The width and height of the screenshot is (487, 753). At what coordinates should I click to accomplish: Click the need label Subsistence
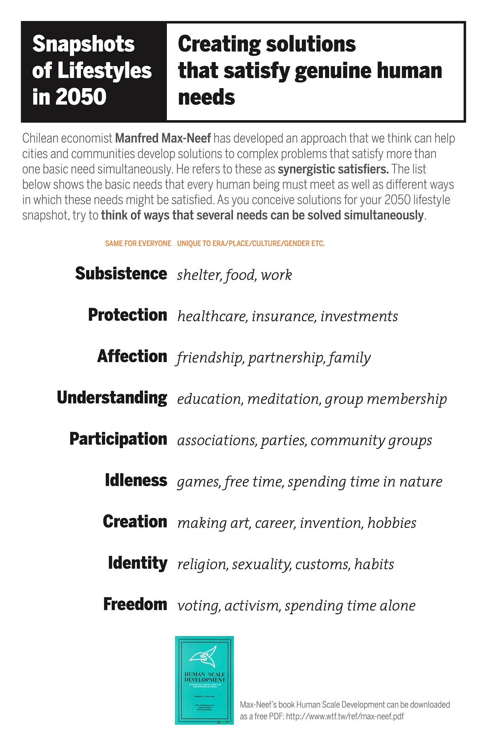click(121, 274)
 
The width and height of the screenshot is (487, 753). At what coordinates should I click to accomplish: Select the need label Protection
click(127, 315)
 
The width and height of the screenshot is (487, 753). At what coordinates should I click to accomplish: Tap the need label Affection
click(132, 356)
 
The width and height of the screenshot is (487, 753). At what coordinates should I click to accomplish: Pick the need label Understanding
click(112, 398)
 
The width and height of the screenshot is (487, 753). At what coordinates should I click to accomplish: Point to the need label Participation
click(118, 439)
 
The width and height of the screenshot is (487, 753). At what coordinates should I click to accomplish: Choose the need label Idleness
click(136, 480)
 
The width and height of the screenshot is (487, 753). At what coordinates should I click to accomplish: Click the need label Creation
click(135, 522)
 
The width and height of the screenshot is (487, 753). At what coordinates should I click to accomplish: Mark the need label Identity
click(138, 563)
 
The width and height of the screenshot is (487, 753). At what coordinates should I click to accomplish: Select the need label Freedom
click(135, 604)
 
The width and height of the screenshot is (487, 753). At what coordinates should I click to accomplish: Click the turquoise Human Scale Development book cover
click(204, 680)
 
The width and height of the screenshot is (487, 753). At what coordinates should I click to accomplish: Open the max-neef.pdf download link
click(345, 716)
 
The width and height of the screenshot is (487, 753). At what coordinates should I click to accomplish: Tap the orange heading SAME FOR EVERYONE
click(138, 244)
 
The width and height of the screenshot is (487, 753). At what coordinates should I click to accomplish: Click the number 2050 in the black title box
click(81, 97)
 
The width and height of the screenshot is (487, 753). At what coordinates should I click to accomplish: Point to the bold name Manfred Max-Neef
click(163, 138)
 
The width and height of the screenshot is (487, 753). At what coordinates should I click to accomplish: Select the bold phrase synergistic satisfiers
click(333, 169)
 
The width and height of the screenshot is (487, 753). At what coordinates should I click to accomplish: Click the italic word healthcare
click(212, 316)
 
